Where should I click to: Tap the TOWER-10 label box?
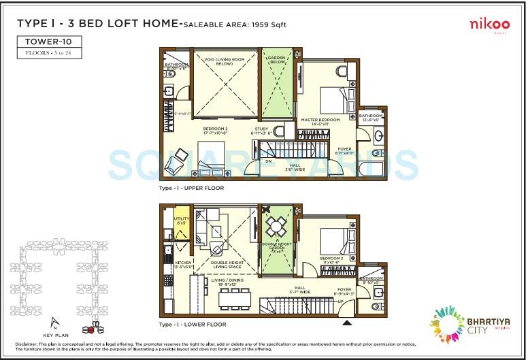pyautogui.click(x=49, y=42)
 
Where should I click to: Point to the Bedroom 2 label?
pyautogui.click(x=214, y=130)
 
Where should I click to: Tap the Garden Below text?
pyautogui.click(x=277, y=59)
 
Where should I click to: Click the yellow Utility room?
pyautogui.click(x=182, y=222)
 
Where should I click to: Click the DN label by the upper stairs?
pyautogui.click(x=268, y=161)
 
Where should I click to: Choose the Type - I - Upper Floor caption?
pyautogui.click(x=191, y=188)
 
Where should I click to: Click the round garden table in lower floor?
pyautogui.click(x=276, y=225)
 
